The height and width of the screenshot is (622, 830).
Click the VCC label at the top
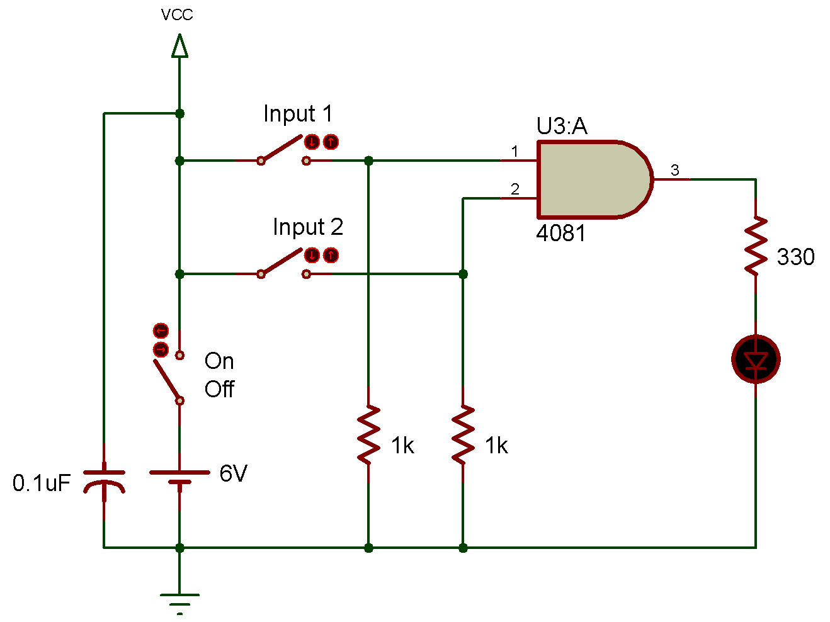[176, 14]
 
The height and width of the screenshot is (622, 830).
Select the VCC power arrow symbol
[179, 46]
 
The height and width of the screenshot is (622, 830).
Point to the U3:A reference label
[562, 126]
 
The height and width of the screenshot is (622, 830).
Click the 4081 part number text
[560, 233]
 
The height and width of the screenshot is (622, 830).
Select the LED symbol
[756, 359]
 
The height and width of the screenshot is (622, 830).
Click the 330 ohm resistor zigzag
[756, 246]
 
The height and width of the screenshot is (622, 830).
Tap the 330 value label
[795, 257]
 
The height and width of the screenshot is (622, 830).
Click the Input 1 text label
[298, 113]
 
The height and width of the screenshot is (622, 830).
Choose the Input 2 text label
[308, 227]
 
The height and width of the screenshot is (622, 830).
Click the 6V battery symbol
[179, 477]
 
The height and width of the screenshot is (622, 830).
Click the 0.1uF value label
[42, 483]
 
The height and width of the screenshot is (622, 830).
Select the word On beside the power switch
[219, 361]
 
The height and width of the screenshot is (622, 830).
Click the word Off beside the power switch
[219, 389]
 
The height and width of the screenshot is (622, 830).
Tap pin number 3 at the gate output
[674, 170]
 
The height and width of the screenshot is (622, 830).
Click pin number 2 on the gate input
[514, 189]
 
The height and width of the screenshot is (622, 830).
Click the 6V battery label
[233, 473]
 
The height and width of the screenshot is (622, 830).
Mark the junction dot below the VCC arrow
[179, 113]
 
